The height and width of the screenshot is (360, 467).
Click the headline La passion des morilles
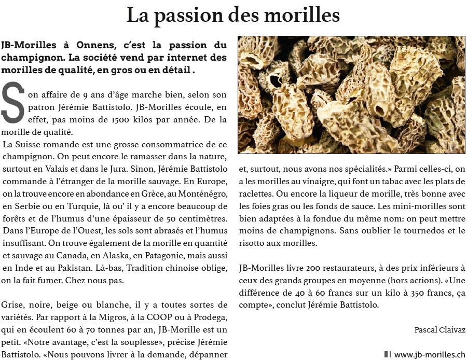coord(233,15)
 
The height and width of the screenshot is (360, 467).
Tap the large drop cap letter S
coord(13,103)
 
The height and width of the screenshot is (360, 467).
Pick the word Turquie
coord(81,205)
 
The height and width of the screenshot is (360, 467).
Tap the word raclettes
coord(256,193)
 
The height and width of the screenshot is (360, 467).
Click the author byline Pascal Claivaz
coord(439,330)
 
